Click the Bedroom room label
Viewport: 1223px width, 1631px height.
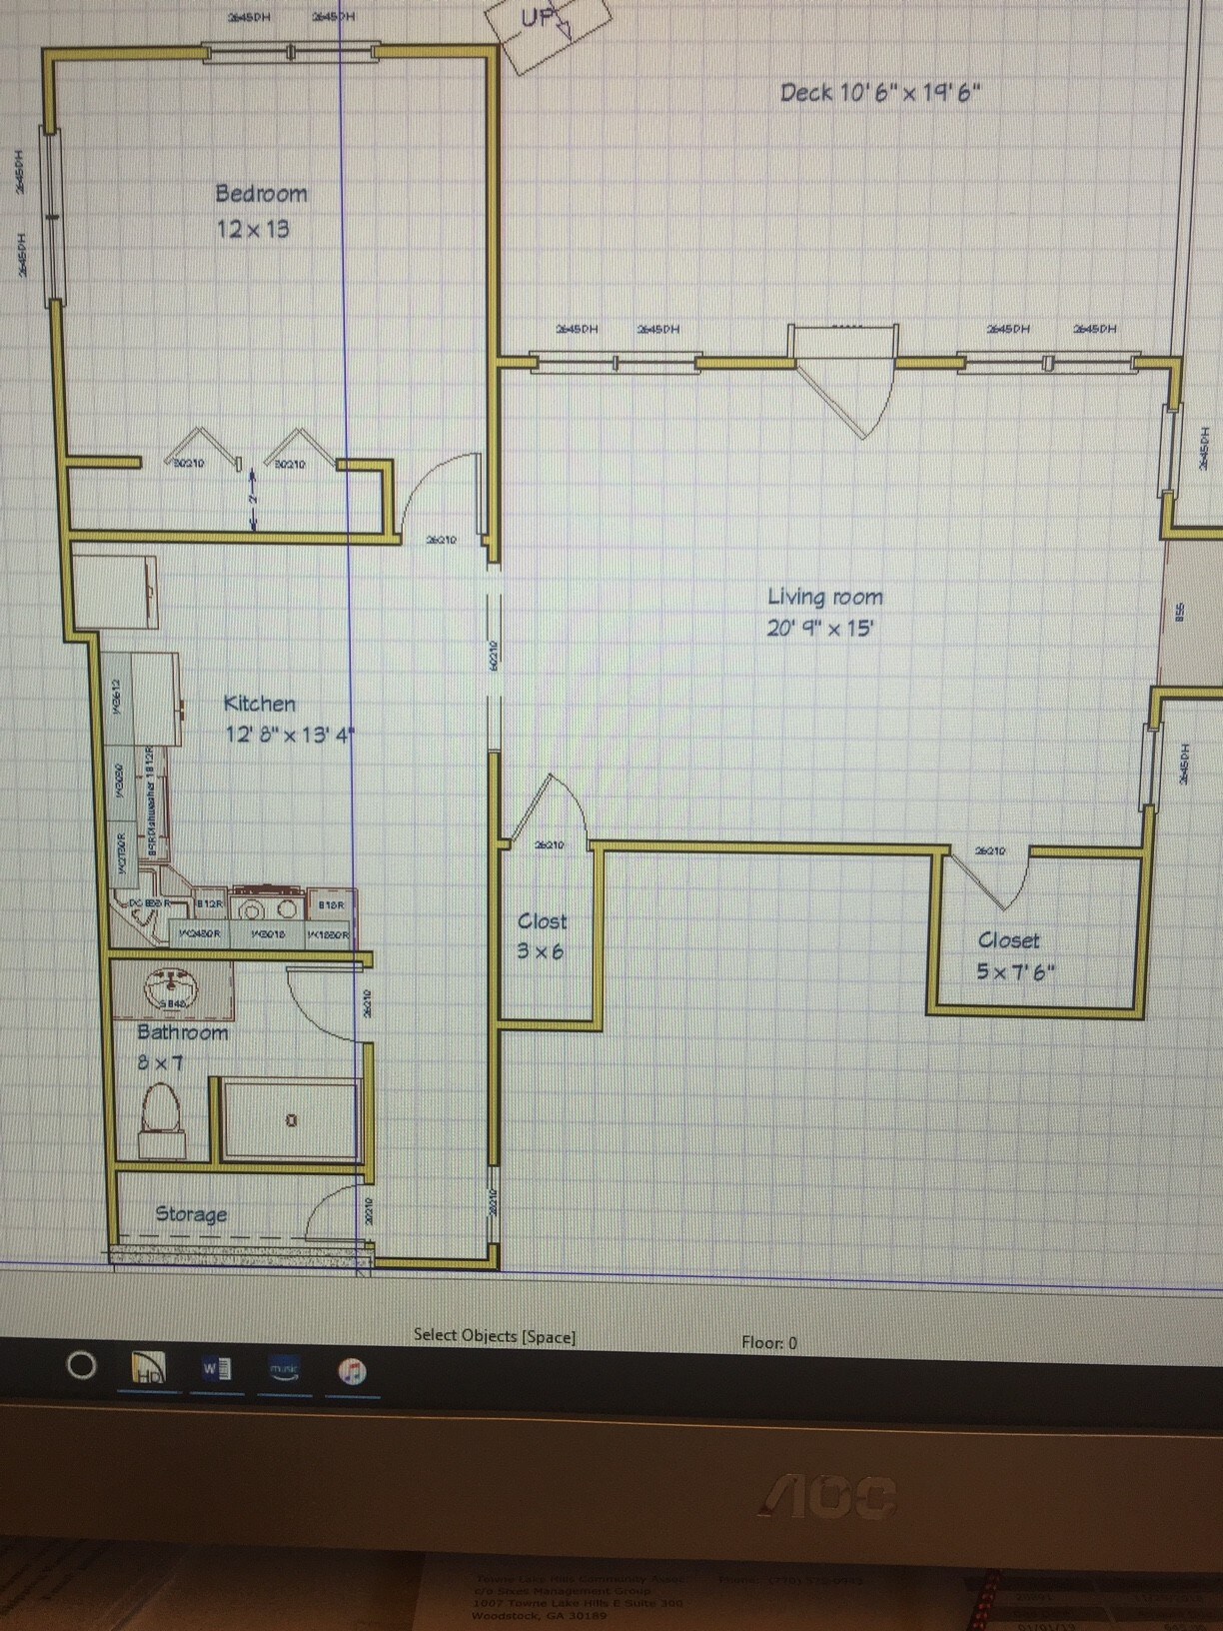261,194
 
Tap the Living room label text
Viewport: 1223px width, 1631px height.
824,598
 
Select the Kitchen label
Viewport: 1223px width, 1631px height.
259,704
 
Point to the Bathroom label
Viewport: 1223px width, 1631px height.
182,1032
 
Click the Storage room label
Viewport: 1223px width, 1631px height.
191,1214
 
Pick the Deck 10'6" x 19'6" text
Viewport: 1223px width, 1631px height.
879,93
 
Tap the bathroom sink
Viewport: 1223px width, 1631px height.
170,990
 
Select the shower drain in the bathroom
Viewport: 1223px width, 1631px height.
291,1120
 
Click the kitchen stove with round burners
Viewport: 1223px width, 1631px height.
268,908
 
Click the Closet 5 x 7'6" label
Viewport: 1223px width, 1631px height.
1013,955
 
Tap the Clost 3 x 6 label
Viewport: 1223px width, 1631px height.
541,935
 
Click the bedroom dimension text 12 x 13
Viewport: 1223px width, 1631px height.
253,229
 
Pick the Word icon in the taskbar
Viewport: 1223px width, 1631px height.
217,1368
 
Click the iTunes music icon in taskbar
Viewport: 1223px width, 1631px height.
352,1370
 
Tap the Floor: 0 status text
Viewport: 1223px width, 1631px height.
769,1342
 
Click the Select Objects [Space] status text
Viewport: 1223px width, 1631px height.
495,1335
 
